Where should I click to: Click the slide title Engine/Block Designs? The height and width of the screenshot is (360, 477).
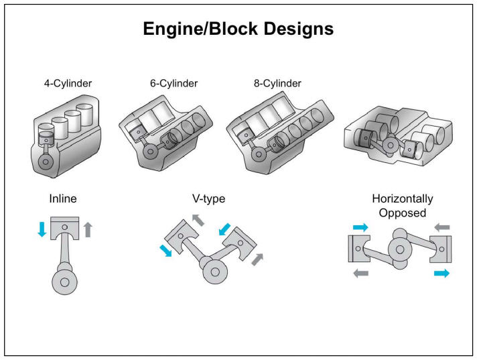238,29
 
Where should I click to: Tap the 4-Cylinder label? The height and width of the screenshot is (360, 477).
65,84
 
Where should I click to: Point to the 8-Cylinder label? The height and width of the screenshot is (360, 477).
278,84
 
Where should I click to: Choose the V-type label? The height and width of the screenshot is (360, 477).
208,199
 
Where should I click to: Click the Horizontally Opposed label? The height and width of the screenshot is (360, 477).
402,206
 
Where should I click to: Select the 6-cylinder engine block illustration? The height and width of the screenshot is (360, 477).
167,134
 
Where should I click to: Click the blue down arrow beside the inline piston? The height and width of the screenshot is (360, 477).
42,229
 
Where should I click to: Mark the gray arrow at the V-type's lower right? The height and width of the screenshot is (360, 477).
257,259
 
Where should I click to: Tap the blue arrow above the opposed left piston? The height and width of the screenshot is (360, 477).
360,227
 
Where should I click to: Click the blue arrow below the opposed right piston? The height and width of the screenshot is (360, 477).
441,274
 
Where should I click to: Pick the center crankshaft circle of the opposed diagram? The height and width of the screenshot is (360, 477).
400,249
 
